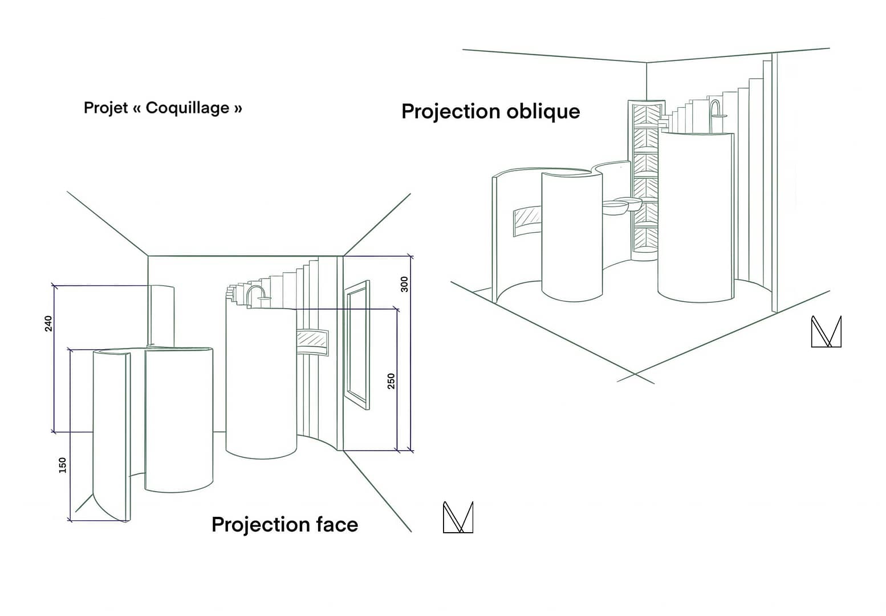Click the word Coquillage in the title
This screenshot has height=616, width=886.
pos(187,108)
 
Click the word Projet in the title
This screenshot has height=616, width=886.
pos(105,108)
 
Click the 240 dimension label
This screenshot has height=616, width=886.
pos(48,323)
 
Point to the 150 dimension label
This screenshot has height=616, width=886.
pos(63,465)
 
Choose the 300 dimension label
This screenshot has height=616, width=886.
pos(404,284)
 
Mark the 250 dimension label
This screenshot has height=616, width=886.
pos(391,381)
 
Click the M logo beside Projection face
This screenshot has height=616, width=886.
pos(458,517)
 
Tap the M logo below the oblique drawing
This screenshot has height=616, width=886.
pos(826,331)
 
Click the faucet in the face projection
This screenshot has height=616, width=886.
pos(256,292)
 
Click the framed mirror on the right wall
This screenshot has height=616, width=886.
pos(357,345)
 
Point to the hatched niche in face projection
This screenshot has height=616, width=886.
pos(312,340)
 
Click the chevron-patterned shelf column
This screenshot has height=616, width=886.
pos(646,177)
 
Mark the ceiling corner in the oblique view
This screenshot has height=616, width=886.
pos(647,62)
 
